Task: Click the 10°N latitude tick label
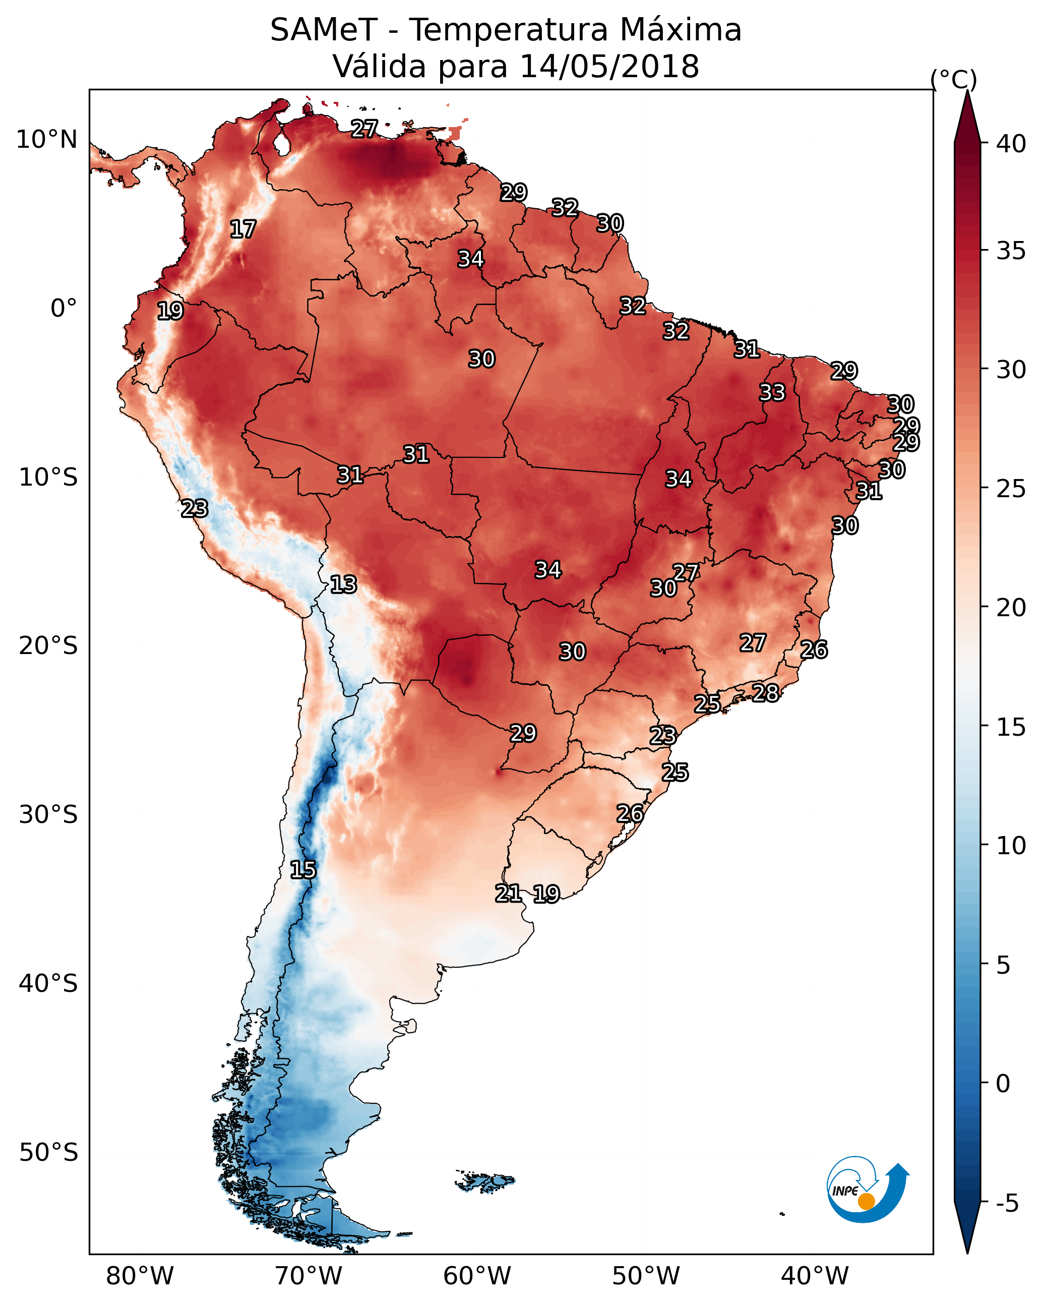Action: [46, 140]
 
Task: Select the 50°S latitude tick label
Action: [48, 1153]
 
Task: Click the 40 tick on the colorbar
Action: [1011, 144]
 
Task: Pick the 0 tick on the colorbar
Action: [1003, 1084]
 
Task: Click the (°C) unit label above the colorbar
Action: [954, 79]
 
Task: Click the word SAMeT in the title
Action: [324, 30]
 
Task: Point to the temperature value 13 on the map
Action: [343, 584]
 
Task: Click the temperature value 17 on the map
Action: [243, 229]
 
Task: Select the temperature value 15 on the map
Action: [303, 870]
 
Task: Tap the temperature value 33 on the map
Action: [772, 392]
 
